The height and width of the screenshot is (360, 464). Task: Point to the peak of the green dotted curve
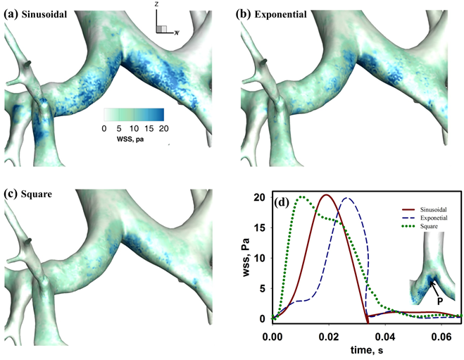coord(303,197)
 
